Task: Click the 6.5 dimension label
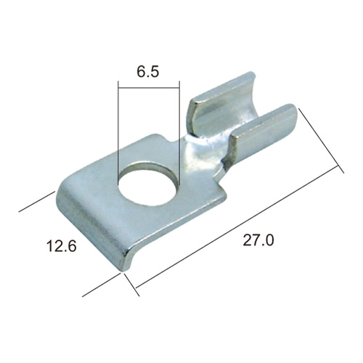(x=148, y=72)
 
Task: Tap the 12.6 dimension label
(x=62, y=245)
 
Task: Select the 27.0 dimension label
(x=258, y=240)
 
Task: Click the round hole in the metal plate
(x=149, y=185)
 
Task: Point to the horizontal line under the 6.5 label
(x=149, y=87)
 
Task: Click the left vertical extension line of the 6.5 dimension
(x=118, y=133)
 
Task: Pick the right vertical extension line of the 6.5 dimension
(x=179, y=133)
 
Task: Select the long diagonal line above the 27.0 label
(x=237, y=227)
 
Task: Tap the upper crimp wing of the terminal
(x=221, y=102)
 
